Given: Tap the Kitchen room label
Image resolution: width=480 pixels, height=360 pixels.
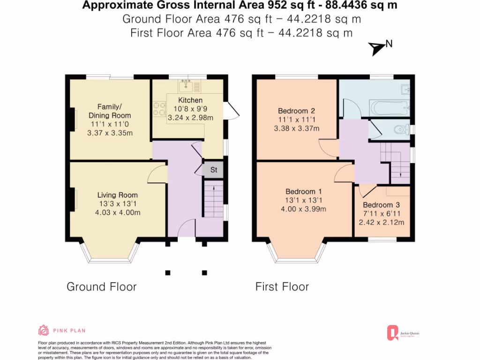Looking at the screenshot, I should click(190, 100).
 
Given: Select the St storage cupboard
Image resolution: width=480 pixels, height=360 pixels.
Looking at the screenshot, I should click(214, 170).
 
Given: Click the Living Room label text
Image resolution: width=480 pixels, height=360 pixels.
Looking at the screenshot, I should click(118, 195).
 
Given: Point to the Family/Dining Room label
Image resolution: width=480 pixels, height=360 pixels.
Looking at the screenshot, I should click(110, 111).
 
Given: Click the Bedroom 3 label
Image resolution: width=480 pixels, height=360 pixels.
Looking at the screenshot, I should click(381, 205).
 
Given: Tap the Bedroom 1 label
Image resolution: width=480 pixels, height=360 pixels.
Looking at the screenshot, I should click(304, 191).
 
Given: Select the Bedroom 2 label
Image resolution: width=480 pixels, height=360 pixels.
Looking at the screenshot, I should click(296, 111).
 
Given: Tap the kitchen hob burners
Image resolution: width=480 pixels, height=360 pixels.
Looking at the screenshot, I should click(159, 109).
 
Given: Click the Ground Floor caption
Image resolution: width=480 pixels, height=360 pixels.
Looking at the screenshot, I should click(102, 286).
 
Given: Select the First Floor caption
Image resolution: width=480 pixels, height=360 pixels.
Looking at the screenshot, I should click(282, 286).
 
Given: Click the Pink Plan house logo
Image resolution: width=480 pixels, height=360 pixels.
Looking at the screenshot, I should click(44, 330).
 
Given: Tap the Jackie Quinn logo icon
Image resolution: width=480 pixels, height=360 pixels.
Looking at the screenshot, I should click(392, 333).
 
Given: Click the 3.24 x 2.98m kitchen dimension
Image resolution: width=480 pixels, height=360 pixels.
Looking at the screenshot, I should click(190, 118).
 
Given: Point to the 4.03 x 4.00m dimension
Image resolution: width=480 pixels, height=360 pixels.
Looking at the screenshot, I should click(118, 212).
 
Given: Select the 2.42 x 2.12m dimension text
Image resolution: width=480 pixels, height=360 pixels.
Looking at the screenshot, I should click(381, 222).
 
